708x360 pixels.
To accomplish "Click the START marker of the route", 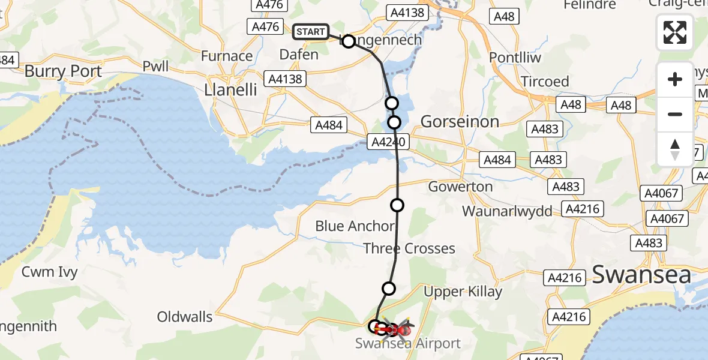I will coord(311,31).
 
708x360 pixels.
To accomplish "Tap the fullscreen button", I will coord(675,32).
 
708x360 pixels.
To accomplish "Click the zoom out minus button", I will coord(675,114).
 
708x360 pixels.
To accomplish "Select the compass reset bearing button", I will coord(675,149).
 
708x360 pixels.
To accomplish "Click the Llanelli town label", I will coord(230,90).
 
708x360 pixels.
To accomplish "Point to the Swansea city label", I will coord(641,274).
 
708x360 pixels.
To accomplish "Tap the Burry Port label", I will coord(63,71).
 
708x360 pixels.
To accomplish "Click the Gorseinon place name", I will coord(460,122).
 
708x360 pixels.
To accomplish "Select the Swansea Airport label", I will coord(408,343).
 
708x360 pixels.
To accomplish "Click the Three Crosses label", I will coord(409,248).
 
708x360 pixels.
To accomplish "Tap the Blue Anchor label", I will coord(355,226).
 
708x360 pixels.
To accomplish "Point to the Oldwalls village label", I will coord(185,316).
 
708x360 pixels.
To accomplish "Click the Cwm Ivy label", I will coord(50,272).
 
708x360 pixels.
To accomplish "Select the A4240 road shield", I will coord(388,142).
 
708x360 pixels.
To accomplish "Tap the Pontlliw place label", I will coord(515,58).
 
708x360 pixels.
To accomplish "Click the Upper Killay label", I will coord(463,292).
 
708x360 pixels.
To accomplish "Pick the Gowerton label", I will coord(460,187).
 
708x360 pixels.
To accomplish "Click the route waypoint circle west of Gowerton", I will coord(397,206).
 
